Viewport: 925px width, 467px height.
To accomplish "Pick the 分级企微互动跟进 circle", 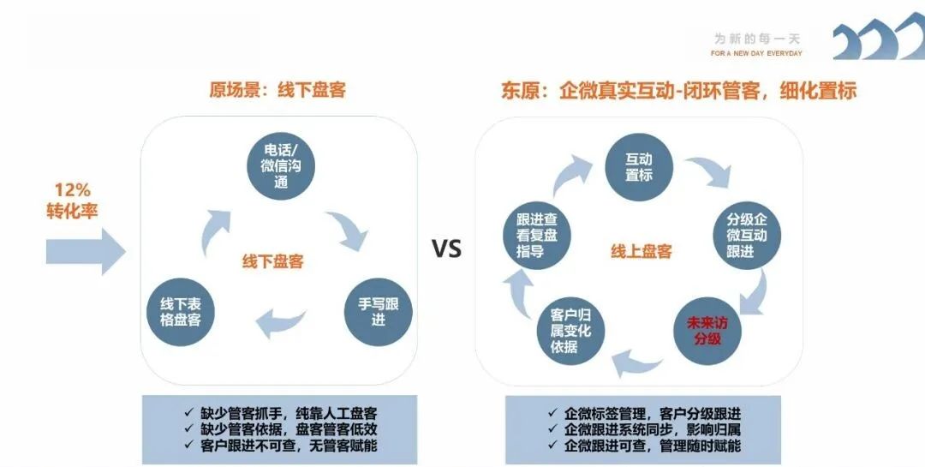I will pos(746,234).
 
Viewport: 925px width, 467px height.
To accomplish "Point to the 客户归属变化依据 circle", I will pos(570,330).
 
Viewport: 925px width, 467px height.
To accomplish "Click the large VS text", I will pos(446,249).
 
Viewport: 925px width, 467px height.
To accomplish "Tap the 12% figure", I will pos(72,190).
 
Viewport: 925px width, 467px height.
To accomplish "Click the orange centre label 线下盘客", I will pos(273,262).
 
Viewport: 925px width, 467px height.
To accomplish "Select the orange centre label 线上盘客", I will pos(642,251).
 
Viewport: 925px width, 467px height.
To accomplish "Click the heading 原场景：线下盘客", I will pos(277,90).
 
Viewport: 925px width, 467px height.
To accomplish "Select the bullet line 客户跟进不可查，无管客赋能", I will pos(280,446).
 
